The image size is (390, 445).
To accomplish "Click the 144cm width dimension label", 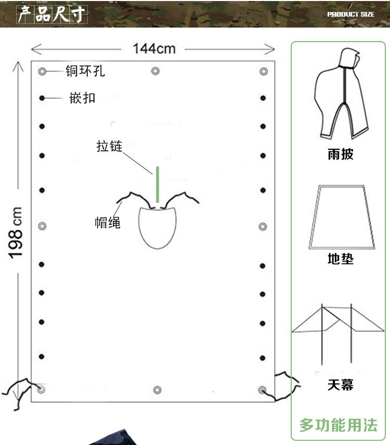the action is (154, 48).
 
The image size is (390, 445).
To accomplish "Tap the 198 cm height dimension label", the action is (16, 231).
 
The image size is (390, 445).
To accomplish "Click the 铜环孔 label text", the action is (85, 71).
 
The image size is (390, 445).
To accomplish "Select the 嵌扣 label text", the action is (83, 98).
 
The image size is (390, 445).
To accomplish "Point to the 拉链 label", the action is (109, 146).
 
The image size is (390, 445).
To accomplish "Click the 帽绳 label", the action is (108, 222).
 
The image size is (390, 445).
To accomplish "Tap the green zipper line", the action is (156, 185).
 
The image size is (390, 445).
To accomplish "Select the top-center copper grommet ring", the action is (155, 71).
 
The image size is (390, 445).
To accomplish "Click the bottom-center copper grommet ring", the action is (157, 390).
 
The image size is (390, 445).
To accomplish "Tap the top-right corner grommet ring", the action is (263, 71).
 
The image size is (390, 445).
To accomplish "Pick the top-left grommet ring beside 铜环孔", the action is (42, 71).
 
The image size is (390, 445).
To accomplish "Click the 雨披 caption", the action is (341, 154).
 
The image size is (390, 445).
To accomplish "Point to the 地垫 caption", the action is (341, 258).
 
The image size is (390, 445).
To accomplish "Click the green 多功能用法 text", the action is (338, 425).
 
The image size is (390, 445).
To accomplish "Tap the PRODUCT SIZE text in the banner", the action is (350, 14).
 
